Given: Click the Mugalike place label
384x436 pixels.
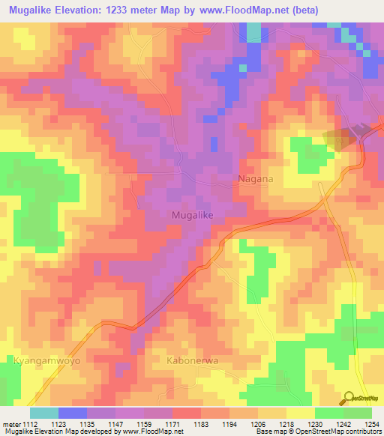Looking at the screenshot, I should [x=193, y=215].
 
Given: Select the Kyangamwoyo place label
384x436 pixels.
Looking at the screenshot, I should [x=46, y=360].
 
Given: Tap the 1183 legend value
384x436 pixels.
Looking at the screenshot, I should [x=201, y=423].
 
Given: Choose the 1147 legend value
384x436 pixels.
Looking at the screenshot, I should [x=116, y=423].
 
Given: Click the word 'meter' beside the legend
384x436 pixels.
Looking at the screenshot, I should [x=11, y=423].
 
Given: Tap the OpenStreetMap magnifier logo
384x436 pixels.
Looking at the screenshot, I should [x=349, y=399].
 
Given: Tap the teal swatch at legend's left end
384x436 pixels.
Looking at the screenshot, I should [x=43, y=413].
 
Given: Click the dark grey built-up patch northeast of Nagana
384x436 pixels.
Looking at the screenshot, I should [x=340, y=137].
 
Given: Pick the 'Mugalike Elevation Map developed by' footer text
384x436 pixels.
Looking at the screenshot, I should [x=52, y=432].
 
